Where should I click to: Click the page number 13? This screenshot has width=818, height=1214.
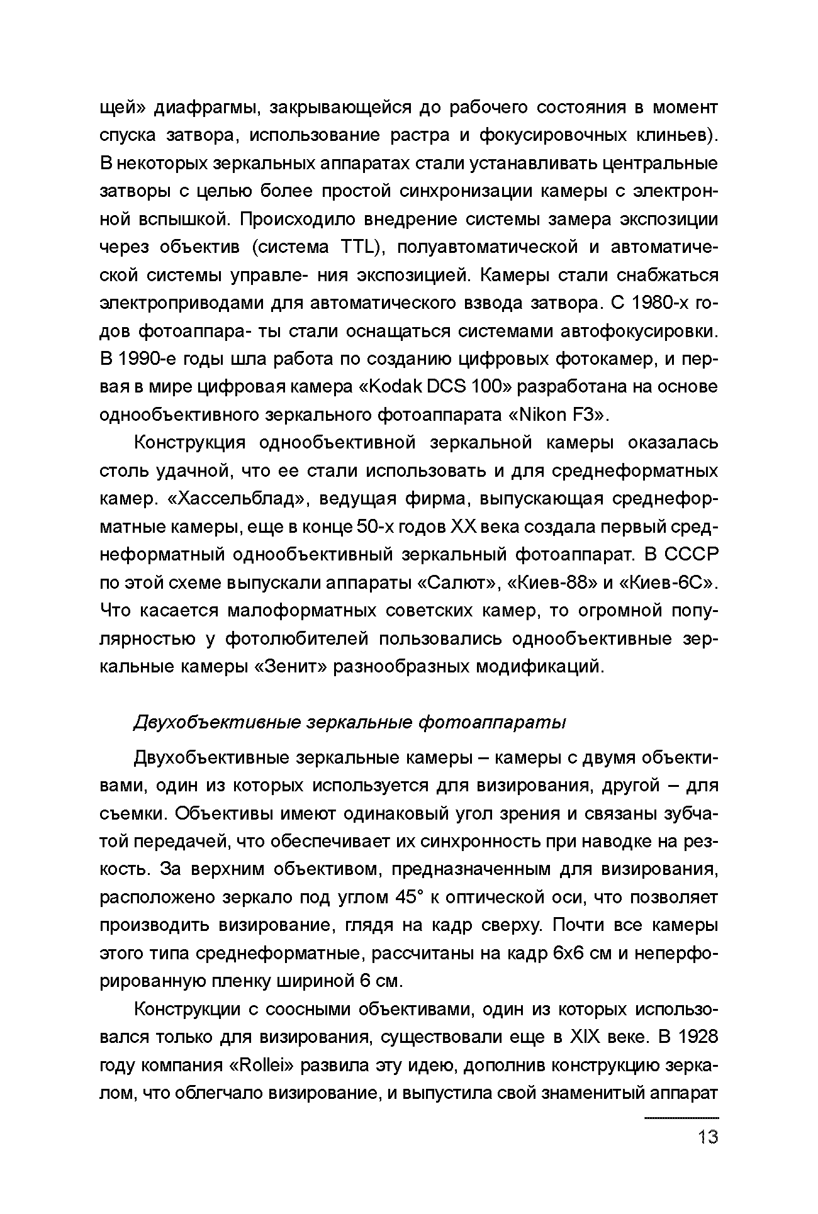coord(707,1137)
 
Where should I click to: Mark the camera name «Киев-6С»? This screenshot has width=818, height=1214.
coord(668,583)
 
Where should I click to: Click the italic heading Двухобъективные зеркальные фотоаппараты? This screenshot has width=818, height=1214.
coord(350,723)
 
